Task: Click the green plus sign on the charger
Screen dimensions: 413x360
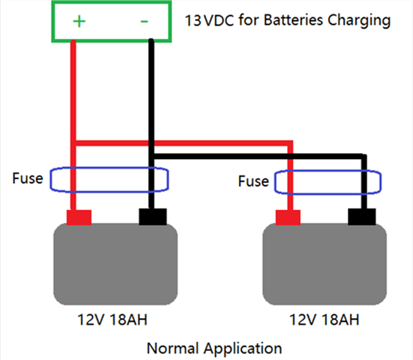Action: [79, 21]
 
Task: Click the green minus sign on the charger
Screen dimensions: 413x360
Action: [144, 21]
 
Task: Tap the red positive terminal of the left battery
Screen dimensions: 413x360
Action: [79, 217]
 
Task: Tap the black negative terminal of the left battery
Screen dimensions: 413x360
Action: [153, 217]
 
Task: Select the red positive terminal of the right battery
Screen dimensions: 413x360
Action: [288, 217]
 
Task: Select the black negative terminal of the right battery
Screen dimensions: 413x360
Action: [362, 217]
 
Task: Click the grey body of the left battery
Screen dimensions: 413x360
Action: [115, 264]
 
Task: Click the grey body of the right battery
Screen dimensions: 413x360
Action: [325, 264]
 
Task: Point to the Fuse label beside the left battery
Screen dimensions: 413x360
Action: [28, 178]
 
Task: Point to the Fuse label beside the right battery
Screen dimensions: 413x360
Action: [253, 181]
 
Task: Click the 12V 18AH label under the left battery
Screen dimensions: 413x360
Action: [112, 319]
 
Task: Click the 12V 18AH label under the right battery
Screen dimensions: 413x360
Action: [325, 319]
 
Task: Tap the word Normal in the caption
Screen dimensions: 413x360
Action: [173, 348]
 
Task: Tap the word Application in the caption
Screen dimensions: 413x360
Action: [243, 349]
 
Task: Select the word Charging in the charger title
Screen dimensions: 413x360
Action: [359, 21]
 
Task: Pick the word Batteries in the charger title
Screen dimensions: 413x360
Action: [293, 20]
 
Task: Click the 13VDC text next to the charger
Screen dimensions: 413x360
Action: [209, 20]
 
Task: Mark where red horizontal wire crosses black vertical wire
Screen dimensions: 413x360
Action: [151, 143]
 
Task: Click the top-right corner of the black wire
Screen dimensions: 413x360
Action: [364, 157]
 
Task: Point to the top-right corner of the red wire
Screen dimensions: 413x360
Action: [290, 143]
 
